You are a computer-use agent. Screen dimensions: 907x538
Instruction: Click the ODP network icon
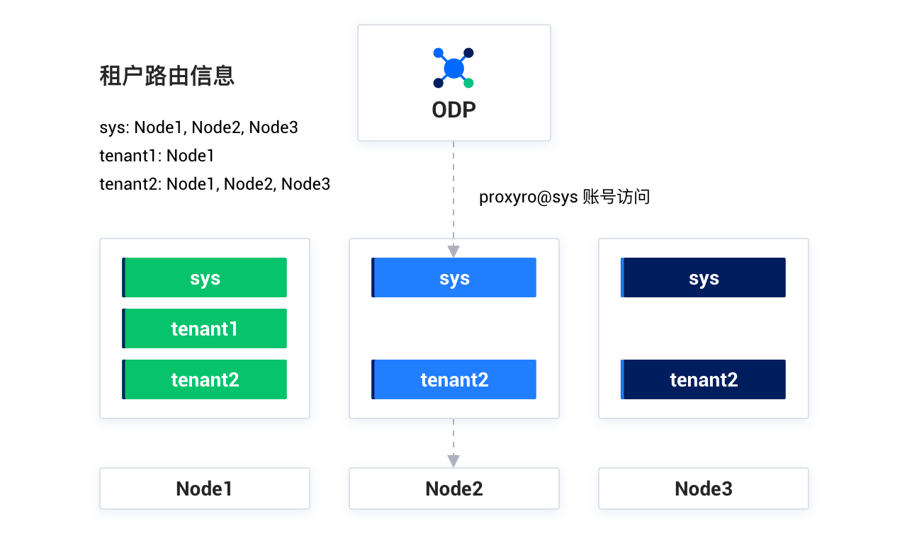(x=453, y=68)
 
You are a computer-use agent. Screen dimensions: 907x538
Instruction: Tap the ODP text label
(x=454, y=110)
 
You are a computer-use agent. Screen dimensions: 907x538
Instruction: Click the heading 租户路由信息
(x=167, y=76)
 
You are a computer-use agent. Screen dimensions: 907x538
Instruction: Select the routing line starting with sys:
(x=199, y=127)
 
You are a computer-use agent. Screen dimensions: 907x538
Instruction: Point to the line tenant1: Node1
(x=157, y=156)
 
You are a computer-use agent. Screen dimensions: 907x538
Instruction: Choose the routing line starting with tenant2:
(x=215, y=184)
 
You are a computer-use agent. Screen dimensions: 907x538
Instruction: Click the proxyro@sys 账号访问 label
(x=565, y=197)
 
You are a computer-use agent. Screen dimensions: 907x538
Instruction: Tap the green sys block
(x=205, y=277)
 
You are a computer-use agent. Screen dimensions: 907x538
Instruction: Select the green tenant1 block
(x=205, y=328)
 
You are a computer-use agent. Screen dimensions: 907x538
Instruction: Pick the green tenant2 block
(x=205, y=379)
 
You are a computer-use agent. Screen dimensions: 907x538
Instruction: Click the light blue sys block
(x=454, y=277)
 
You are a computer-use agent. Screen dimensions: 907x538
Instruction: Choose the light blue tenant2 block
(x=454, y=379)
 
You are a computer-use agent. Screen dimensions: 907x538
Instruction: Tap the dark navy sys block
(x=704, y=277)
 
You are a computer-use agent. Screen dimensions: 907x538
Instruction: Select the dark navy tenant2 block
(x=704, y=379)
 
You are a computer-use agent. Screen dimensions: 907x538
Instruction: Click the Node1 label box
(x=205, y=488)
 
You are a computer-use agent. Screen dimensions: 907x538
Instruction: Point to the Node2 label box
(x=454, y=488)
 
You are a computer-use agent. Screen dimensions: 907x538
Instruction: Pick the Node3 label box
(x=704, y=488)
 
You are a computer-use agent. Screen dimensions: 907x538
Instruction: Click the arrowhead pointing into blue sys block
(x=453, y=251)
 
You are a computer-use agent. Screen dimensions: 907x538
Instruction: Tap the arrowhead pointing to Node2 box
(x=453, y=461)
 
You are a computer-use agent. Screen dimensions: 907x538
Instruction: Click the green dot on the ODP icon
(x=468, y=84)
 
